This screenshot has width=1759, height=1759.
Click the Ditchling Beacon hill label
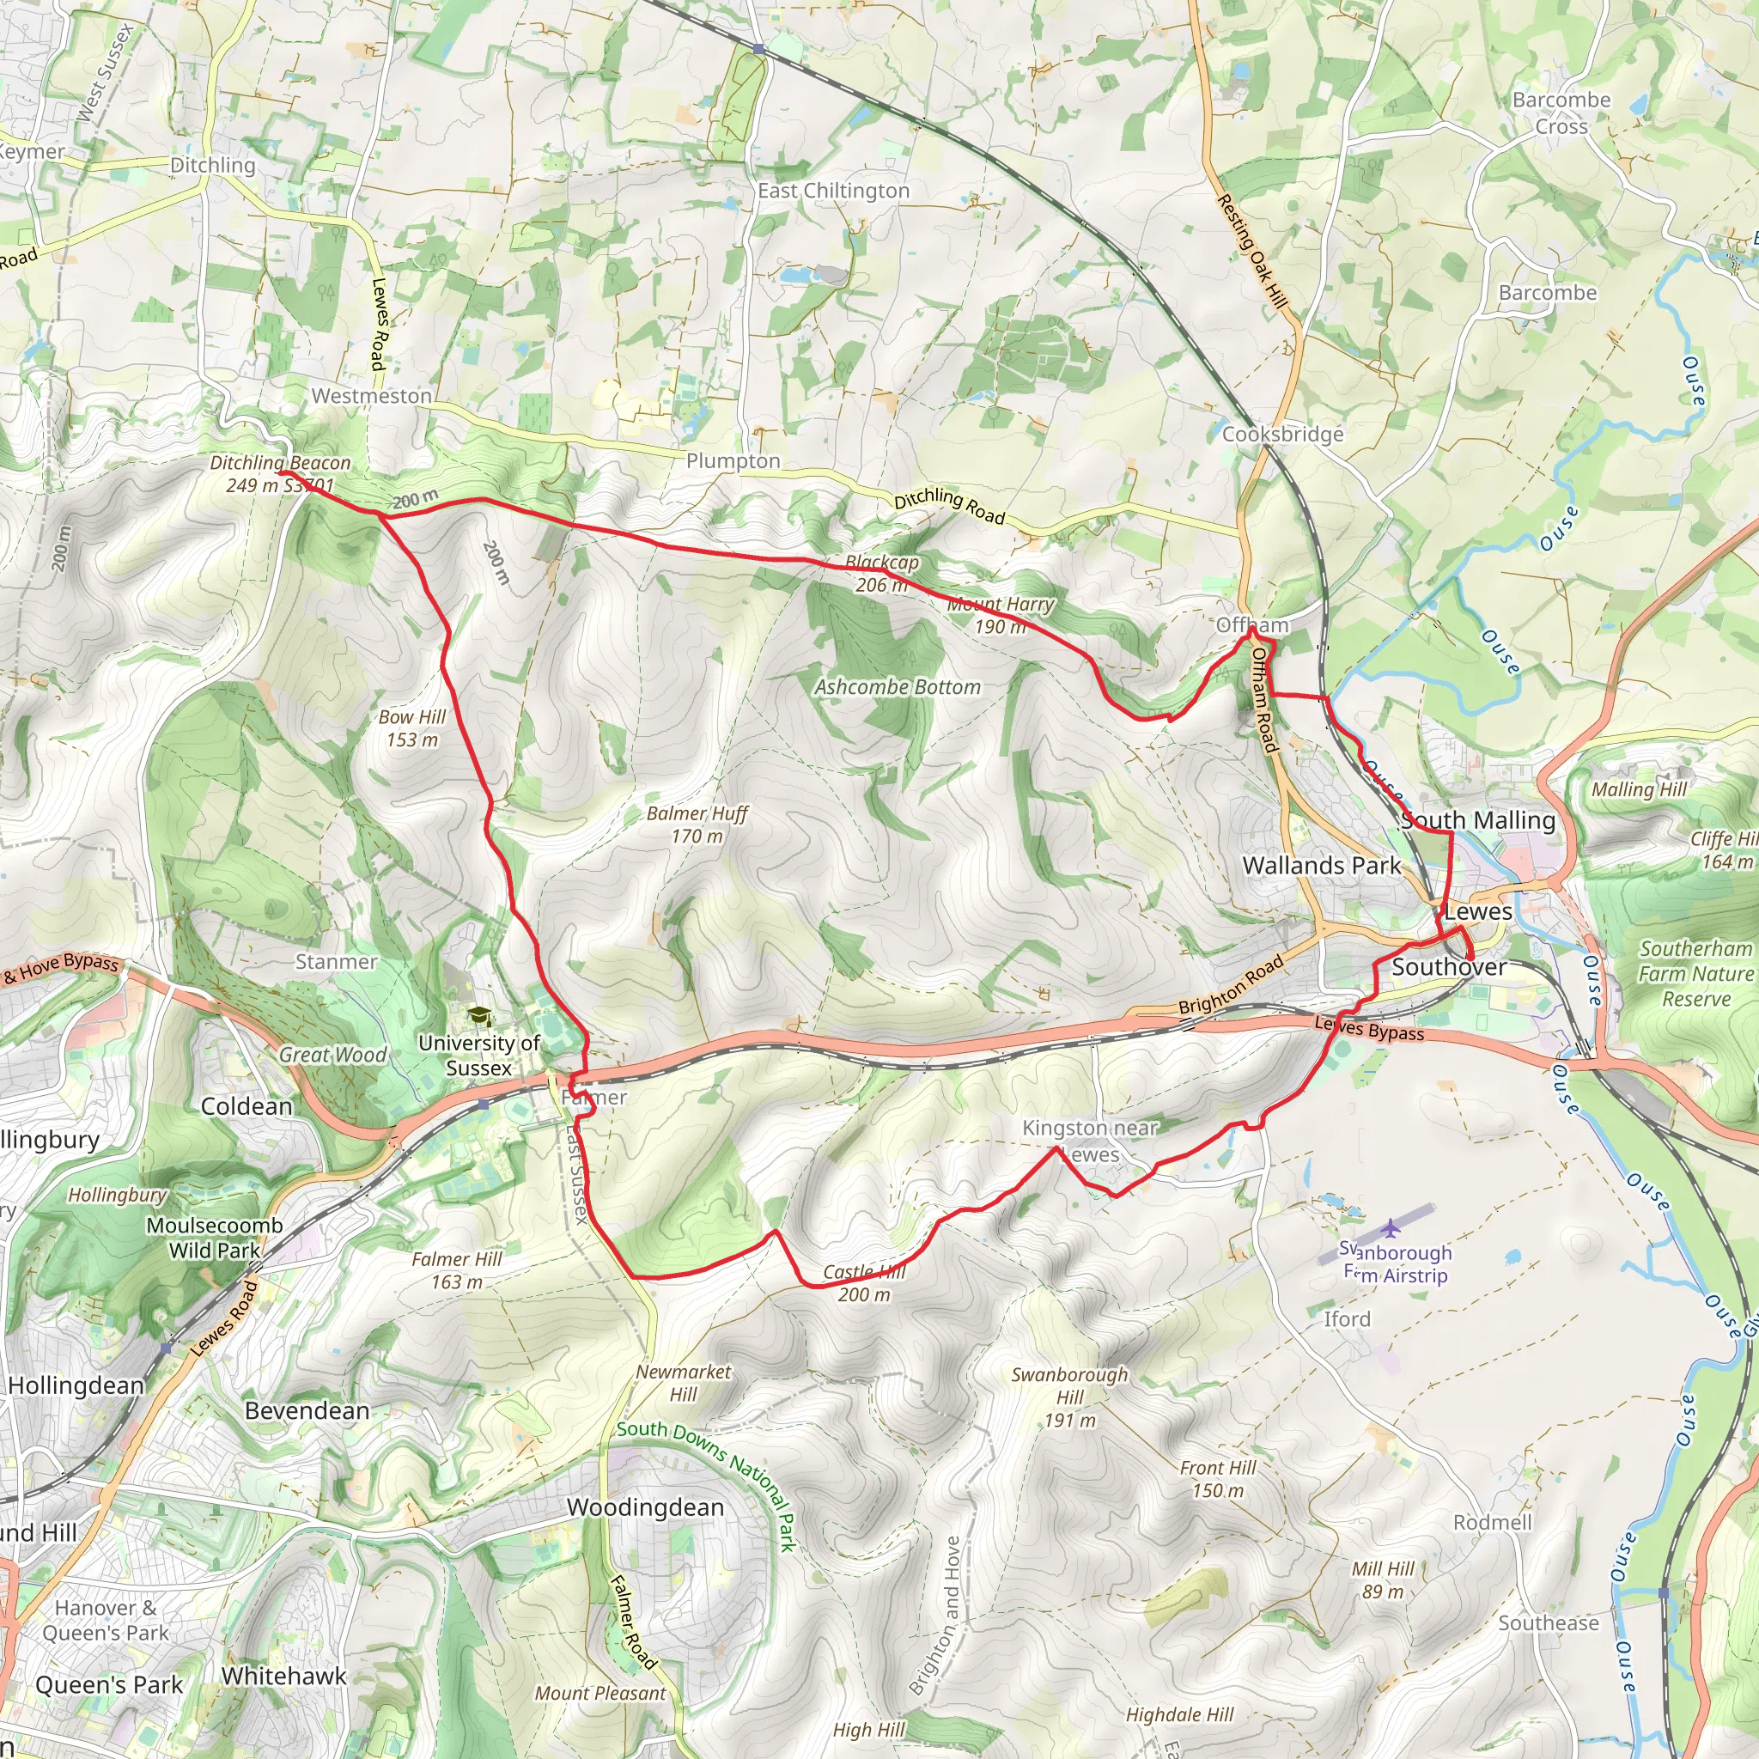(279, 473)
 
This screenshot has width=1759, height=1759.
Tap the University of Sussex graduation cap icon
(478, 1016)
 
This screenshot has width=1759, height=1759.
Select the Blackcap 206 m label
(881, 574)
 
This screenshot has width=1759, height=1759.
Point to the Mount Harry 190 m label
(1000, 615)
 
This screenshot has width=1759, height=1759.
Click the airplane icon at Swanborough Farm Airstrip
(1391, 1228)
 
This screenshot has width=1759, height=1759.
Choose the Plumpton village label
(733, 460)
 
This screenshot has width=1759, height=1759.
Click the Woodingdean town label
(645, 1506)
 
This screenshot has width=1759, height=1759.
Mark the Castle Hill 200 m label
(863, 1283)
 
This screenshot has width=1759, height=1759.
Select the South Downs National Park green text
(708, 1487)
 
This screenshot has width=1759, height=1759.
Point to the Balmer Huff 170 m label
(697, 824)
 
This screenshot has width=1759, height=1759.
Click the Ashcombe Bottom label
(897, 686)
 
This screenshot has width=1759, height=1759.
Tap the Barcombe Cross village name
(1561, 113)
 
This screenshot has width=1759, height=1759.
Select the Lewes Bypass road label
(1368, 1029)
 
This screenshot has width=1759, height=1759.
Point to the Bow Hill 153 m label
(411, 727)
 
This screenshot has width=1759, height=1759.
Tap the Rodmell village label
(1491, 1521)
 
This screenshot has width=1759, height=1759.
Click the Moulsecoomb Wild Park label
(215, 1238)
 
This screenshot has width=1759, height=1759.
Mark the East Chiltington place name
(833, 191)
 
